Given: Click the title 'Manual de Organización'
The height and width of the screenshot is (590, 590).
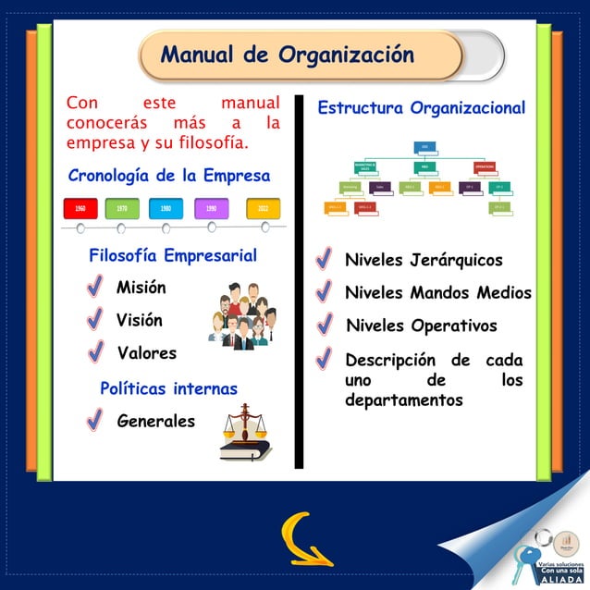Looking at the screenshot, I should pos(287,55).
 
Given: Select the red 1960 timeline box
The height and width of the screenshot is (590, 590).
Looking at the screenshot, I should pos(80,209).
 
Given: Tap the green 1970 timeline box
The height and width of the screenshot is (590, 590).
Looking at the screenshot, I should pos(122,209).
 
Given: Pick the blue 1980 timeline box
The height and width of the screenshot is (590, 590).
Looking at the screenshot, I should pos(166,209).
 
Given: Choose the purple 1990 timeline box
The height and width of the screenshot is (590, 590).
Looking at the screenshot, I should pos(211,209).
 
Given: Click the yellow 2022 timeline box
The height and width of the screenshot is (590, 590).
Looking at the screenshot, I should pos(264,209).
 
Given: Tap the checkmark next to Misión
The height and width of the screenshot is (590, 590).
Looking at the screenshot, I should pos(94,288).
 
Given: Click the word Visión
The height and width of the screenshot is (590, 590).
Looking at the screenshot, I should pos(139,320).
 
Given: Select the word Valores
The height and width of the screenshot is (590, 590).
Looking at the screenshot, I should pos(146,352).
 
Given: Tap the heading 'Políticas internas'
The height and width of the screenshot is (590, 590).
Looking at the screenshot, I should pos(168,388).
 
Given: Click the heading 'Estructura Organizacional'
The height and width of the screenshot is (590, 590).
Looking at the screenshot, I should pos(421,108).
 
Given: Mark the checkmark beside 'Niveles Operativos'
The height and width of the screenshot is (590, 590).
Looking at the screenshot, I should pos(324,326).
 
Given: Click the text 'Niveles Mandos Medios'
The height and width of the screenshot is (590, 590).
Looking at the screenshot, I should pos(437,293).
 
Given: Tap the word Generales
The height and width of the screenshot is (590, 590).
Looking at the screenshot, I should pos(155,421).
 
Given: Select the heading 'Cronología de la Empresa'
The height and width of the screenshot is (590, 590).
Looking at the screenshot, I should pos(169,176).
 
